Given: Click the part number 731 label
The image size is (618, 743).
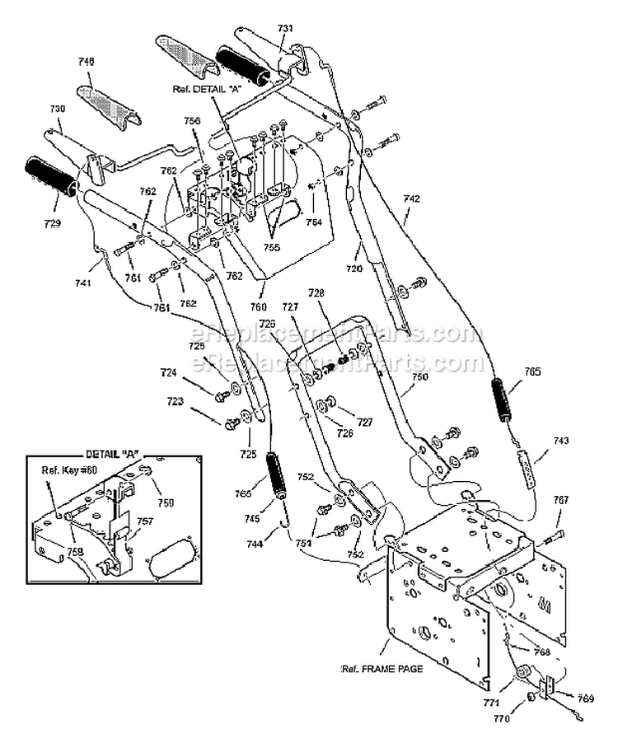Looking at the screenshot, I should click(285, 29).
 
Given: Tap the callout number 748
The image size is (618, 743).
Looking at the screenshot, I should click(87, 60).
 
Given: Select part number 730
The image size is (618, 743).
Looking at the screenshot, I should click(58, 108).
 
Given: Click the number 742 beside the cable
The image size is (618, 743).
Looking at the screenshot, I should click(412, 199).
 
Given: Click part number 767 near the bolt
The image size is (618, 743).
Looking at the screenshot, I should click(560, 500).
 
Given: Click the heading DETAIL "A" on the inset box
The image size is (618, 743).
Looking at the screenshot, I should click(110, 456).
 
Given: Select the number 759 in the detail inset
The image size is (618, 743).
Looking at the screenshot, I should click(166, 501).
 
